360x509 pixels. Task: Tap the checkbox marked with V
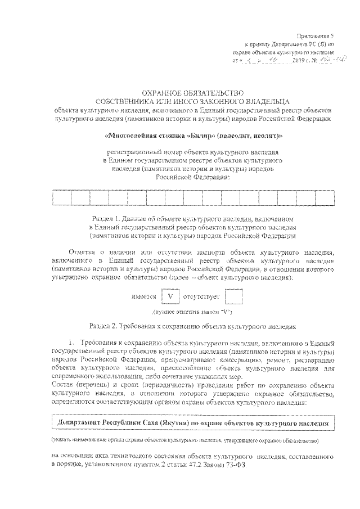tap(170, 296)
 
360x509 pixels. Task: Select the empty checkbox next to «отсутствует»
tap(233, 296)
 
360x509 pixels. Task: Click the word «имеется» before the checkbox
tap(143, 296)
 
